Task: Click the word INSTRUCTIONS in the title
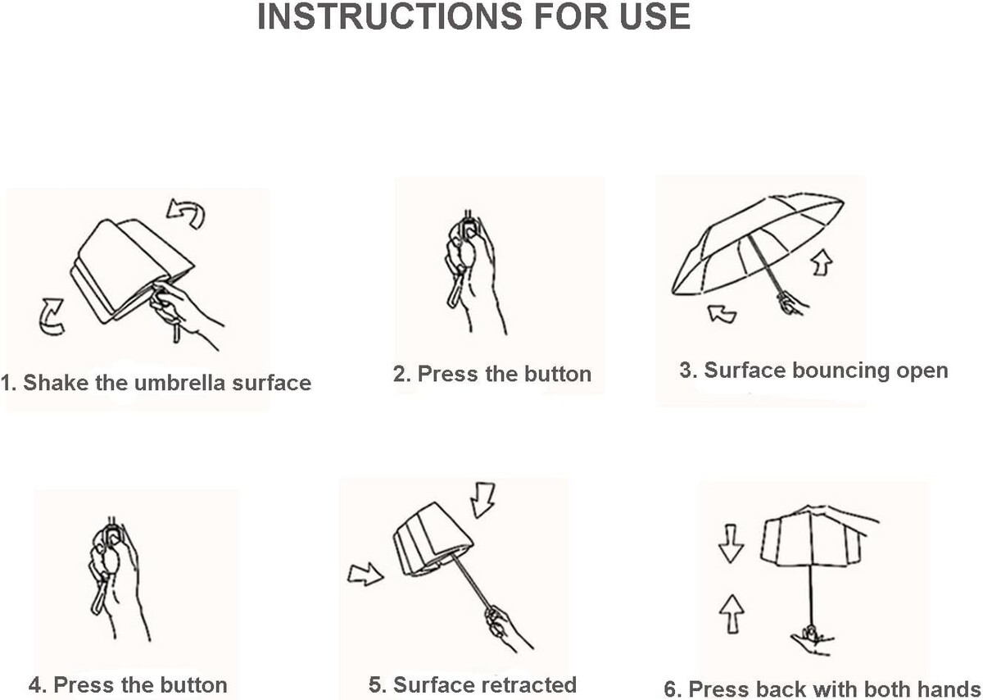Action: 390,16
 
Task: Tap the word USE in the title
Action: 655,16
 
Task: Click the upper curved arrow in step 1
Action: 187,213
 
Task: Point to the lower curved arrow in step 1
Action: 52,316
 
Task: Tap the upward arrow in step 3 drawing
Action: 822,262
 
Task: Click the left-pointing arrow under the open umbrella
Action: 723,314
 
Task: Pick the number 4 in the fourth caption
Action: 35,684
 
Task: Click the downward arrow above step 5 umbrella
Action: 482,500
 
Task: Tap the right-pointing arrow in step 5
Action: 365,574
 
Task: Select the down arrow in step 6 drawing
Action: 731,543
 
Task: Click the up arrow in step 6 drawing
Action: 732,614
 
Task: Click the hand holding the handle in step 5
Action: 505,627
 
